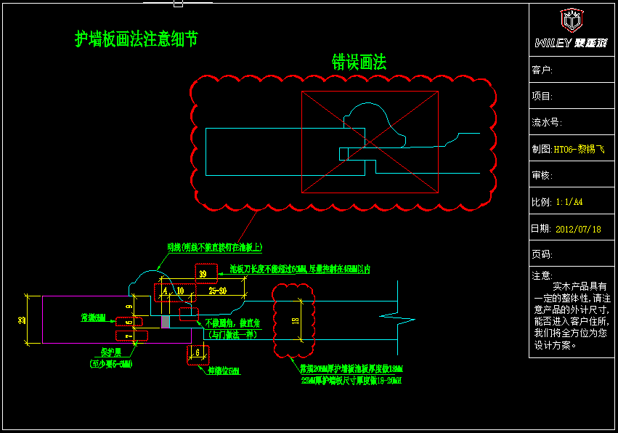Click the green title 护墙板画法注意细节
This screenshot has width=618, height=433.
coord(137,39)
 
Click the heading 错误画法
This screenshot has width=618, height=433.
coord(359,62)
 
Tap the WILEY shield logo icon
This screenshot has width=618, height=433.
coord(571,20)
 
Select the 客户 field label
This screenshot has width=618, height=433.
coord(542,70)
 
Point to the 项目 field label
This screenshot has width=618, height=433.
coord(542,96)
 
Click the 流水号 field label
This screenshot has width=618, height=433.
coord(547,123)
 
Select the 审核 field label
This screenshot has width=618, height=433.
coord(542,176)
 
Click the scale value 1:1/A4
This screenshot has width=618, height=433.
coord(569,202)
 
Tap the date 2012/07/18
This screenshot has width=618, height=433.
coord(578,229)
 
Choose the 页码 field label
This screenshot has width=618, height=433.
coord(542,255)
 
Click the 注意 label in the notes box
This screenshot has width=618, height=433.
coord(542,276)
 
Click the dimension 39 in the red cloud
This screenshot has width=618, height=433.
coord(203,274)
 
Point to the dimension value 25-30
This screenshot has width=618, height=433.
coord(217,291)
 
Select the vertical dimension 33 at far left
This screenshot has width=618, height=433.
coord(22,320)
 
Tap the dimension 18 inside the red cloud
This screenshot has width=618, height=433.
coord(295,320)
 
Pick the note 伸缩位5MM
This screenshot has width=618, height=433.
coord(223,371)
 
